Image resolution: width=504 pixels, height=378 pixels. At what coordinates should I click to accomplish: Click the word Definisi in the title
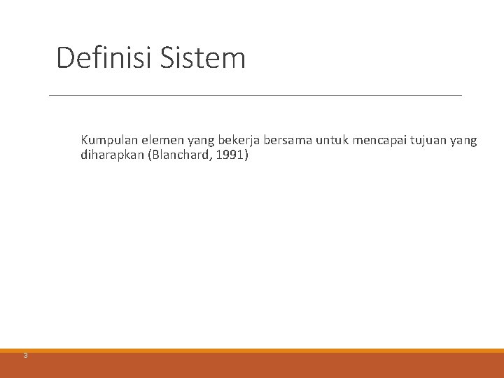(x=105, y=57)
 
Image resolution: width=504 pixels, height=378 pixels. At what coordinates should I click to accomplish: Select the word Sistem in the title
(x=202, y=57)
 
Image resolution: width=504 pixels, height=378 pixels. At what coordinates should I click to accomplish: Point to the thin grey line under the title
(x=255, y=95)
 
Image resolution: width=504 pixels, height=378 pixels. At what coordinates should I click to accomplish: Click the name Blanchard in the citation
(x=174, y=155)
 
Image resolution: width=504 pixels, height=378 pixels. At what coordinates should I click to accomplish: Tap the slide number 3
(x=24, y=356)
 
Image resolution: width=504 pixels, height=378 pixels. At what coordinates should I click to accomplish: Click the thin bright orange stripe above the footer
(x=252, y=351)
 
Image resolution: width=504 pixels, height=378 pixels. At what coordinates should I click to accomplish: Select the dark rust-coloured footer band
(x=252, y=365)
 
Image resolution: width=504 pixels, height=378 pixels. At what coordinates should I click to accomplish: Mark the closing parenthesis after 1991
(x=245, y=155)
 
